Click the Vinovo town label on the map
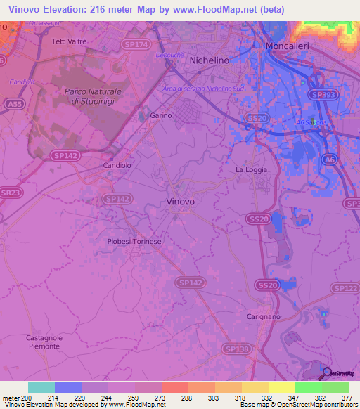181,201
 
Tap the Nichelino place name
210,60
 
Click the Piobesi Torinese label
134,241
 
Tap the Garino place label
161,116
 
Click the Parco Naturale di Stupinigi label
93,96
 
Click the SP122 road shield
345,288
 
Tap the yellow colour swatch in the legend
281,387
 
